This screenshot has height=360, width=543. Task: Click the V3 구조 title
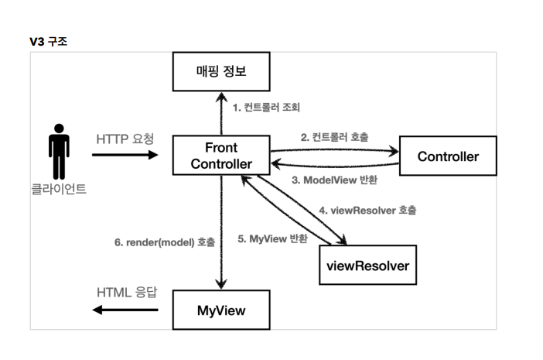(x=49, y=42)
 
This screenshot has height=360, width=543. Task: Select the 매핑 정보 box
(x=221, y=72)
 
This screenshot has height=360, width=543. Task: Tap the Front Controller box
(x=221, y=156)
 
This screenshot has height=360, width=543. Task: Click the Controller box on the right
(x=448, y=156)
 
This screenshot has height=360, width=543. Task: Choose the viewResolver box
(x=367, y=265)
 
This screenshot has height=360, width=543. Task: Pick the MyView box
(x=221, y=310)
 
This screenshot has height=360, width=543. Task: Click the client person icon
(x=59, y=152)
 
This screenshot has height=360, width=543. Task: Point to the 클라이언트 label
(x=59, y=189)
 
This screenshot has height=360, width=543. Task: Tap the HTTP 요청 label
(x=125, y=139)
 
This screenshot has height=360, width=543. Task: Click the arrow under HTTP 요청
(x=125, y=155)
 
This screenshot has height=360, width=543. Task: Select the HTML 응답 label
(x=127, y=293)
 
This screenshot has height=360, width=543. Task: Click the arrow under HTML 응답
(x=125, y=310)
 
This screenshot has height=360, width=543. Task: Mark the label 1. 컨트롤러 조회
(x=266, y=108)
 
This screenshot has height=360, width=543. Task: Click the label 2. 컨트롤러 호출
(x=334, y=137)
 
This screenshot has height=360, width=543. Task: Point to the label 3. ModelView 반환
(x=334, y=180)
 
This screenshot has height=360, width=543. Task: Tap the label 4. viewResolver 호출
(x=367, y=211)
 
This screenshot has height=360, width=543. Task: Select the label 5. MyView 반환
(x=272, y=238)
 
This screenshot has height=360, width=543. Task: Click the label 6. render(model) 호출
(x=165, y=242)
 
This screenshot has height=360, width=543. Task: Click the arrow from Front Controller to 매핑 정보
(x=221, y=114)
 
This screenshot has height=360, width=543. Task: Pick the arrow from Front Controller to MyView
(x=221, y=232)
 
